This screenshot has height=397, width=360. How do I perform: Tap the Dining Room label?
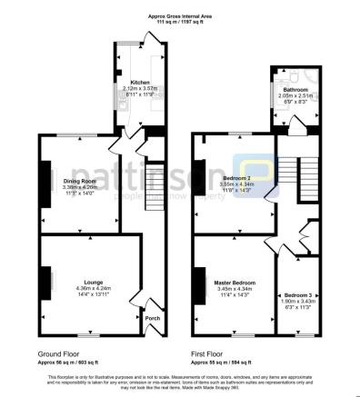tap(79, 181)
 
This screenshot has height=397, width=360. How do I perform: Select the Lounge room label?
tap(94, 282)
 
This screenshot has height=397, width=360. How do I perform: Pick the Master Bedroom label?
tap(235, 283)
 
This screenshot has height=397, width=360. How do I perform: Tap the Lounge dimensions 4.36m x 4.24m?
tap(94, 288)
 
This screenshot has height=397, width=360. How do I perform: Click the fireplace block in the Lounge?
tap(42, 282)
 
